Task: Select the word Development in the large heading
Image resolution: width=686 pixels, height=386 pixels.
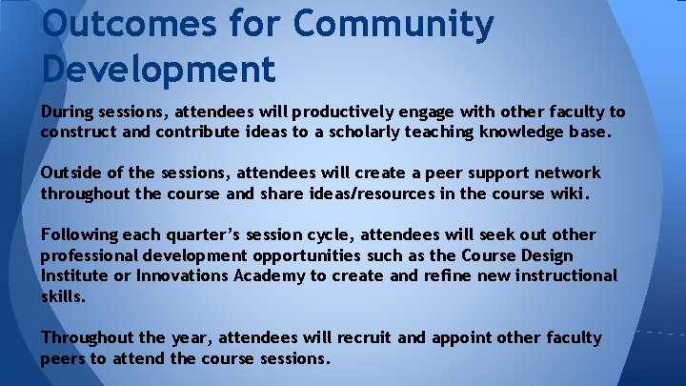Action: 158,68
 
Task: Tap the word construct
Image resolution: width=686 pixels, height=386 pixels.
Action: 79,132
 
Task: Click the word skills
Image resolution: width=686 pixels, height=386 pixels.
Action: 61,296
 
